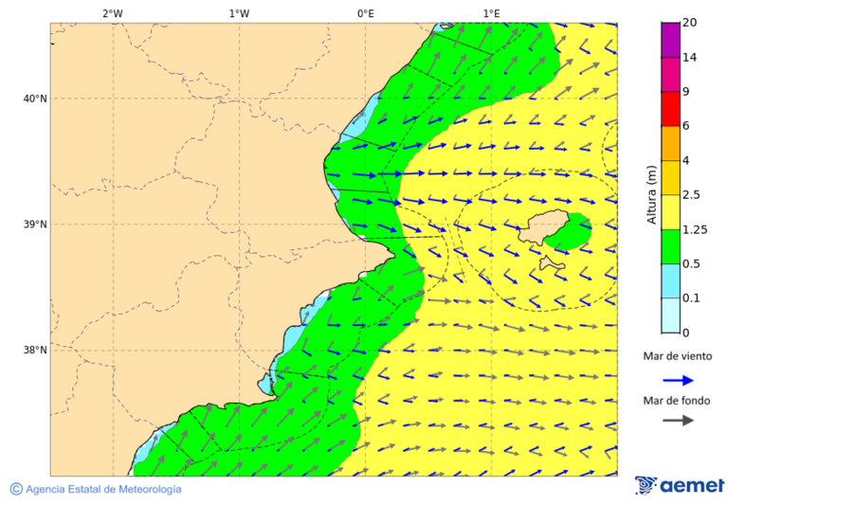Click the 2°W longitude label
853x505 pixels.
(x=112, y=13)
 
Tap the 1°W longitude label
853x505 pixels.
(x=239, y=13)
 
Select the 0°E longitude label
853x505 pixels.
(x=365, y=13)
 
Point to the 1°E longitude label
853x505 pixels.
(x=491, y=13)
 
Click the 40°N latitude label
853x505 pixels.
(x=34, y=99)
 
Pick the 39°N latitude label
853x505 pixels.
(x=34, y=225)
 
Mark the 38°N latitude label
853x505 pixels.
(x=34, y=351)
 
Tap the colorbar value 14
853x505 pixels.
(x=690, y=58)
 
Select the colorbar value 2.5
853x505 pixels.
(x=692, y=195)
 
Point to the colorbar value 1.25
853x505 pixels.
(x=695, y=229)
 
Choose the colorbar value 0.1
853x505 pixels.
(x=692, y=298)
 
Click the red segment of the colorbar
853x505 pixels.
(x=670, y=109)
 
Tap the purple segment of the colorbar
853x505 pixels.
(x=670, y=40)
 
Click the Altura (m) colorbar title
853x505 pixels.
(x=651, y=194)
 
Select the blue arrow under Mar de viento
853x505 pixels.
(x=678, y=380)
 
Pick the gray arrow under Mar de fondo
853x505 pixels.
(x=678, y=421)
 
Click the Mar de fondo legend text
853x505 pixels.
(x=676, y=401)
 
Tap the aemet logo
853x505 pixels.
(x=680, y=486)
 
